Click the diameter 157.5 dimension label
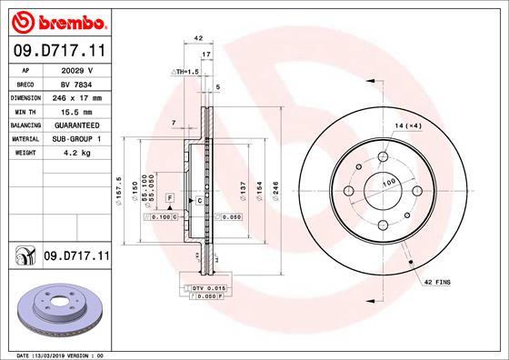click(x=120, y=189)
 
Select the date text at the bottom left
click(x=56, y=354)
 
